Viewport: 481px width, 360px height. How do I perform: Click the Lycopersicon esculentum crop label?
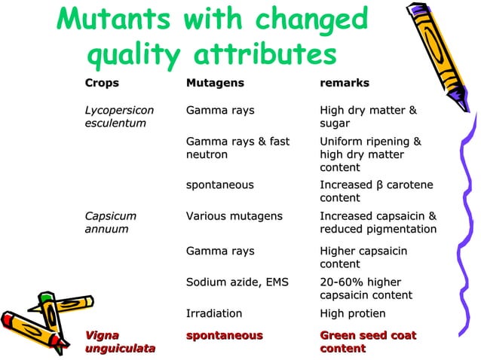(x=119, y=117)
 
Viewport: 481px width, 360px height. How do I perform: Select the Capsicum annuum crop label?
(x=111, y=222)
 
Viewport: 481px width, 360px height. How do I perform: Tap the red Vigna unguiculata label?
(x=121, y=341)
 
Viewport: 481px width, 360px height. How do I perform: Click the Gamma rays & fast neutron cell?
(x=237, y=148)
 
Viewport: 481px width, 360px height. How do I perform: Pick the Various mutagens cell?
(x=234, y=216)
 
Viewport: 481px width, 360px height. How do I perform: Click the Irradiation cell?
(x=214, y=313)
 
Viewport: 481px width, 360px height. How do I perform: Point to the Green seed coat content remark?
(x=368, y=341)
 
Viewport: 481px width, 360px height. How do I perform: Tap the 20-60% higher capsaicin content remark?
(x=366, y=288)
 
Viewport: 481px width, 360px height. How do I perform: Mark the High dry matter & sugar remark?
(x=368, y=117)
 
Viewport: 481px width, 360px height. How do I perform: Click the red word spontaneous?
(x=224, y=334)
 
